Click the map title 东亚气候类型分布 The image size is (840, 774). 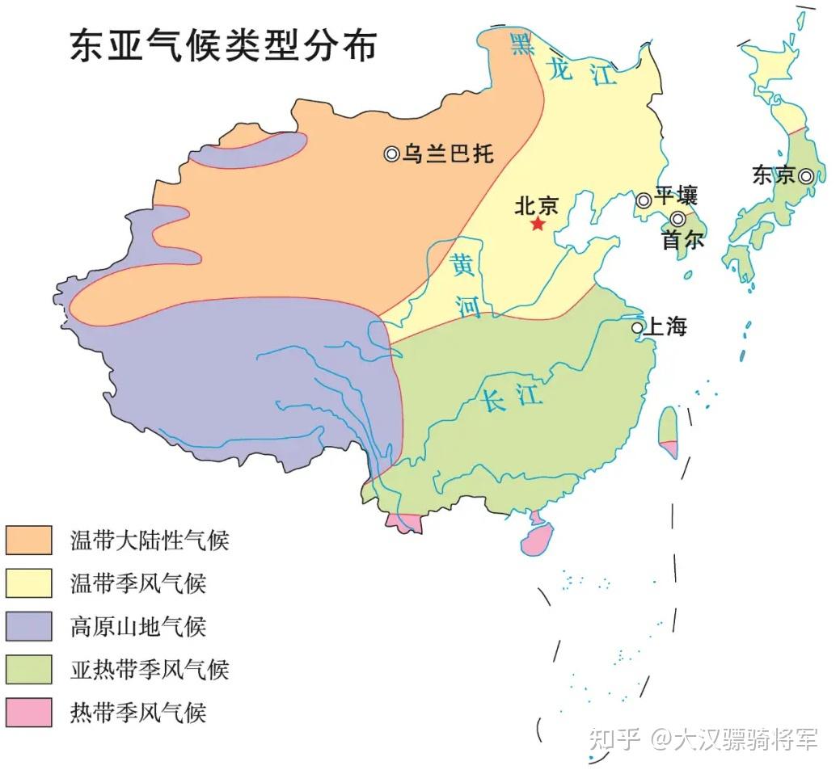(x=222, y=46)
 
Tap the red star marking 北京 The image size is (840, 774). (x=538, y=224)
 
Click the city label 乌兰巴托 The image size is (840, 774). (x=448, y=154)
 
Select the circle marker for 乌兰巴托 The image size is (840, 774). (x=392, y=154)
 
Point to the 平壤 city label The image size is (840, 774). (x=676, y=196)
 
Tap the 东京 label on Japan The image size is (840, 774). (x=774, y=175)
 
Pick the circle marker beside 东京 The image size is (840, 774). (x=806, y=175)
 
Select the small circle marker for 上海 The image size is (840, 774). (x=637, y=327)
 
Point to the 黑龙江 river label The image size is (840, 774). (x=557, y=61)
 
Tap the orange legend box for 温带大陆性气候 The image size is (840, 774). (x=28, y=540)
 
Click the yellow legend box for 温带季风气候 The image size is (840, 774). (x=28, y=583)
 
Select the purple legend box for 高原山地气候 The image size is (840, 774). (x=28, y=625)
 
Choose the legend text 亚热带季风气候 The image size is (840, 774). (x=150, y=669)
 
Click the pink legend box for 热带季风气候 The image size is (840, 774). (x=28, y=712)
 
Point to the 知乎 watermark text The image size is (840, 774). (x=615, y=738)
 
